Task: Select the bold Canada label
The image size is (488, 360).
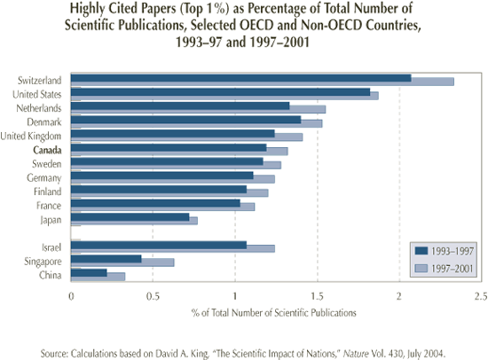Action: (x=46, y=150)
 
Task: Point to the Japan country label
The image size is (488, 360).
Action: (x=50, y=219)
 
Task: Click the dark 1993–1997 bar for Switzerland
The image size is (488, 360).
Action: (x=240, y=78)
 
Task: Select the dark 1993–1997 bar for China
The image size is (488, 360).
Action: (x=89, y=272)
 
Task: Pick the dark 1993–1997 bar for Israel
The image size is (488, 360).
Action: (x=158, y=244)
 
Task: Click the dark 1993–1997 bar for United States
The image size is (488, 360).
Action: (x=219, y=91)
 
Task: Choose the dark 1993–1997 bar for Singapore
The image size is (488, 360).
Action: (x=106, y=258)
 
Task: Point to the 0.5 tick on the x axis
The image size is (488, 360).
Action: (x=153, y=296)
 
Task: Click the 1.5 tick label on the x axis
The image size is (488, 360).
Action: (x=317, y=296)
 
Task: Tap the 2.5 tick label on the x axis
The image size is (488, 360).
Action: (x=481, y=296)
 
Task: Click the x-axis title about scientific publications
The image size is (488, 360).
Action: (x=274, y=313)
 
